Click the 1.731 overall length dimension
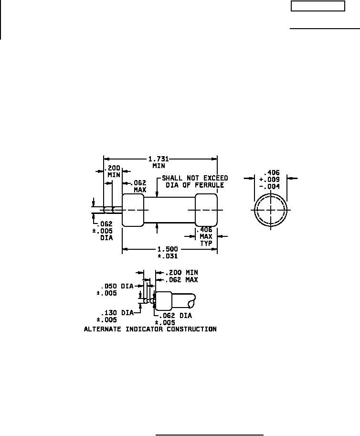[159, 159]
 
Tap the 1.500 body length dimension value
[168, 249]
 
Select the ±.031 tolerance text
[168, 256]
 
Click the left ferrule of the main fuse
[133, 210]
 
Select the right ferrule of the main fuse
[206, 210]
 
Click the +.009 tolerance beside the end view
[269, 180]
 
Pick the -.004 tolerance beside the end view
[269, 187]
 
